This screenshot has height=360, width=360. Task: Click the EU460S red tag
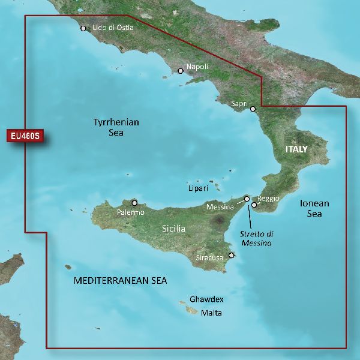pyautogui.click(x=26, y=136)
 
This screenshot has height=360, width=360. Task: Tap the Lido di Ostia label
pyautogui.click(x=113, y=27)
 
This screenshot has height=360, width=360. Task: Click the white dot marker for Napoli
pyautogui.click(x=180, y=71)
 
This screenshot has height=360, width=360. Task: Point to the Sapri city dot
pyautogui.click(x=253, y=109)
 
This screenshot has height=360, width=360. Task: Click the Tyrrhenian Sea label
pyautogui.click(x=116, y=127)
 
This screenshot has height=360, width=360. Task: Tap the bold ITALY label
pyautogui.click(x=296, y=149)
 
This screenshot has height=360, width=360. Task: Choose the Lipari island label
pyautogui.click(x=198, y=188)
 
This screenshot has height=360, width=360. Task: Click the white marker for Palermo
pyautogui.click(x=134, y=203)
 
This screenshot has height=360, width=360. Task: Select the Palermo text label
pyautogui.click(x=131, y=212)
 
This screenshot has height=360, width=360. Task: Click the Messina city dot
pyautogui.click(x=247, y=198)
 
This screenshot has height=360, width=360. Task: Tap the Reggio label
pyautogui.click(x=268, y=198)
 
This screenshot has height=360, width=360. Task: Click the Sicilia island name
pyautogui.click(x=174, y=229)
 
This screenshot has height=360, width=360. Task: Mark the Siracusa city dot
pyautogui.click(x=232, y=255)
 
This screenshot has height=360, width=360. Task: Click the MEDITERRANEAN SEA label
pyautogui.click(x=120, y=281)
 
